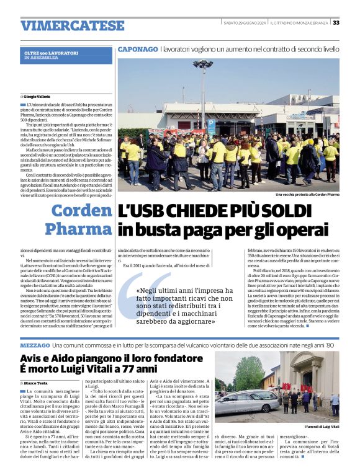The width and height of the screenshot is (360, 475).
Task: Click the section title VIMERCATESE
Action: tap(73, 25)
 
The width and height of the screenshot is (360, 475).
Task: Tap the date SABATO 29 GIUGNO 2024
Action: tap(245, 23)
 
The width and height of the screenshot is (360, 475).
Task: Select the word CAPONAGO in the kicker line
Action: tap(138, 48)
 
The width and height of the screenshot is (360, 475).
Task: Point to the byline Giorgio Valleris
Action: tap(37, 97)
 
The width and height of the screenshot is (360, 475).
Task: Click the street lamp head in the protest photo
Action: tap(203, 64)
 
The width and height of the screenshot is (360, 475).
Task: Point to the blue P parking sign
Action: tap(211, 123)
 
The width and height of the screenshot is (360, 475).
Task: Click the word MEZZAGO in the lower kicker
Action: tap(35, 344)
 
